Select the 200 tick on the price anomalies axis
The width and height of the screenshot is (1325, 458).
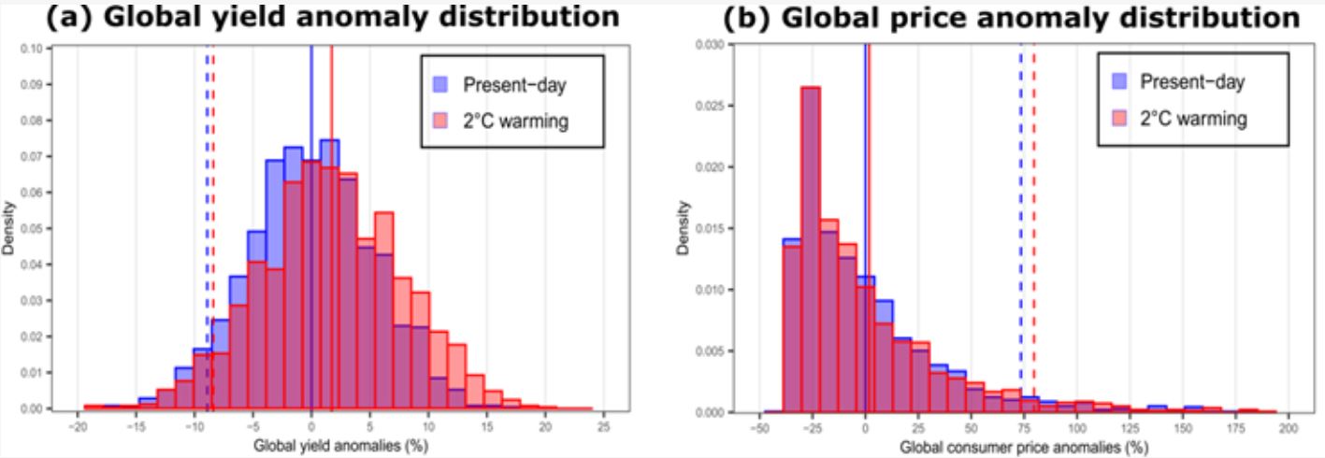pyautogui.click(x=1289, y=425)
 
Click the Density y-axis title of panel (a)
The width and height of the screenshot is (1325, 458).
pyautogui.click(x=9, y=230)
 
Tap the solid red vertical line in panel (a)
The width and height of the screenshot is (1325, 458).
pyautogui.click(x=332, y=187)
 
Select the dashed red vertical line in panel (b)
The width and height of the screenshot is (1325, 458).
pyautogui.click(x=1033, y=187)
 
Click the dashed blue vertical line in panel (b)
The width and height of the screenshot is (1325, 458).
pyautogui.click(x=1020, y=187)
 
